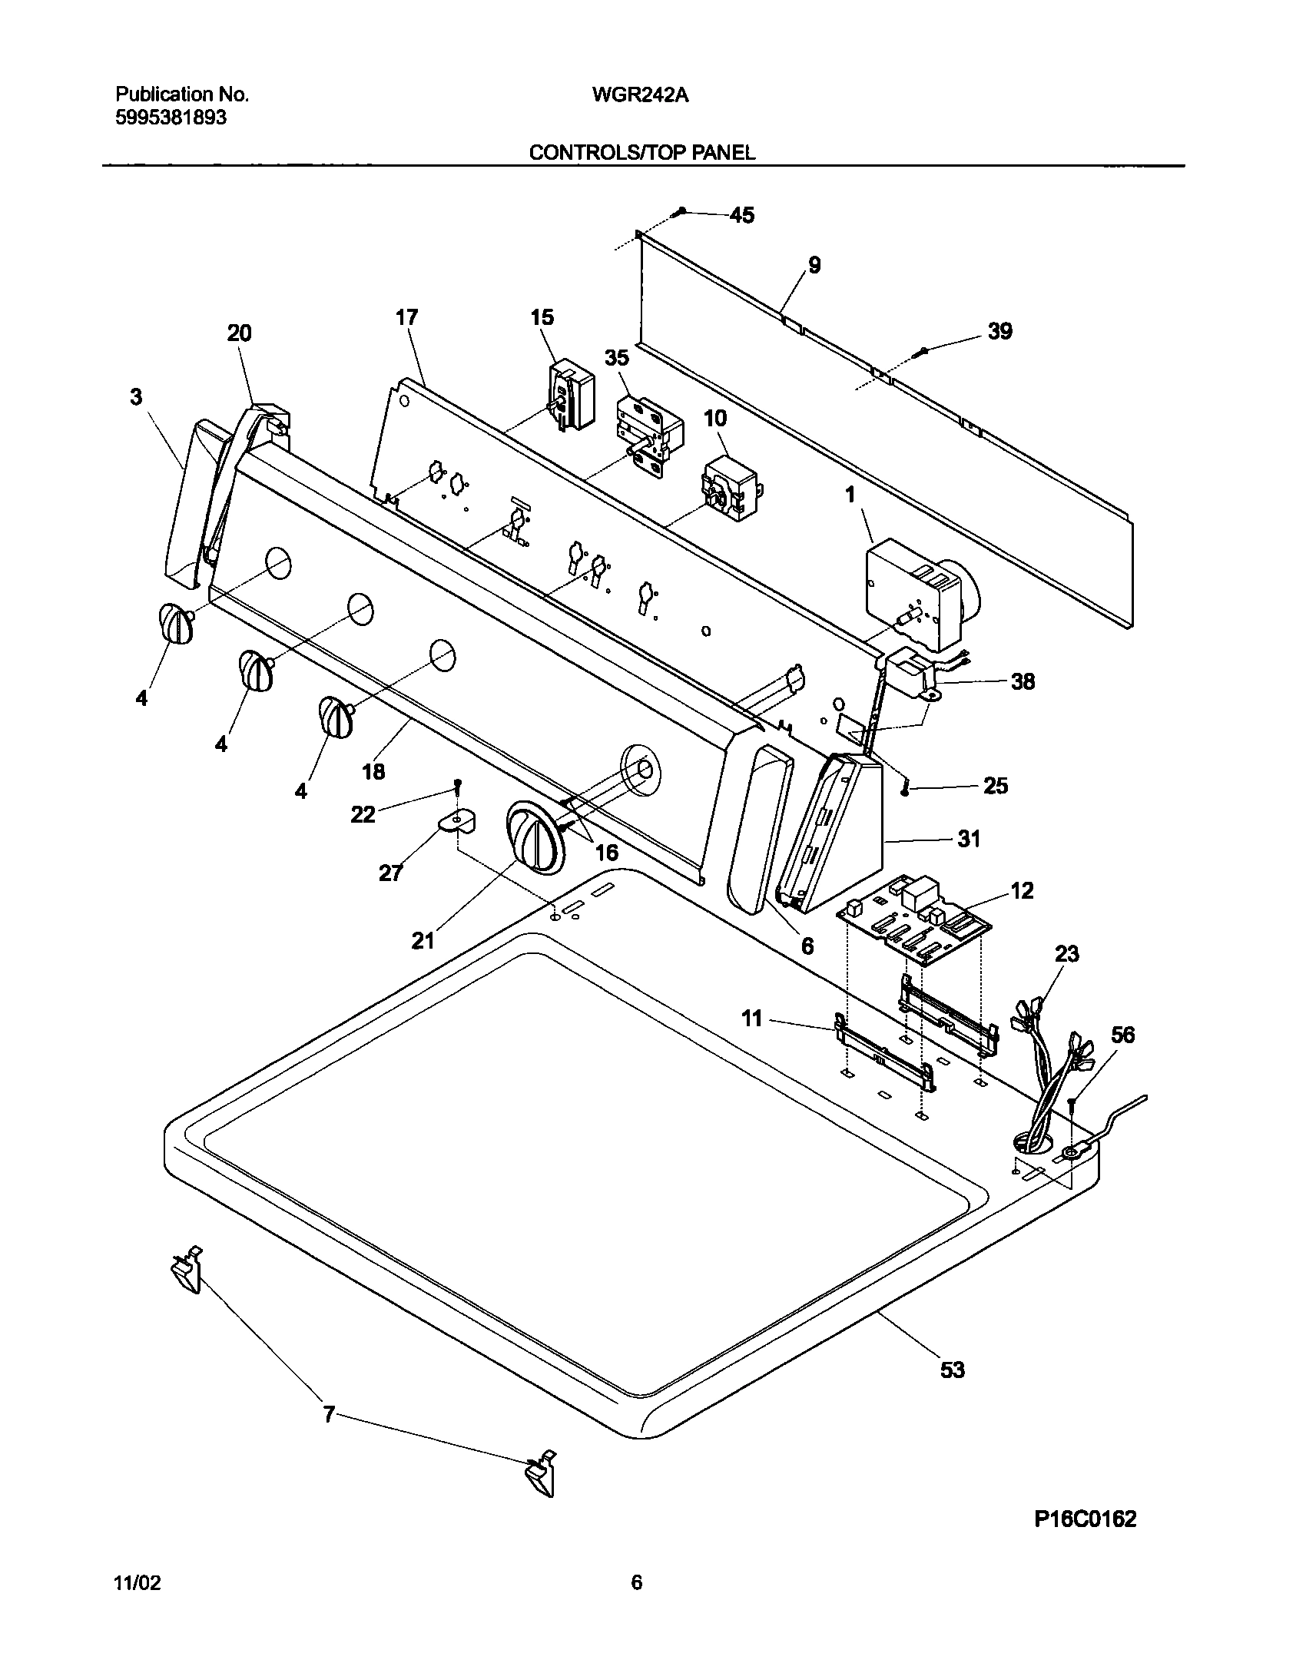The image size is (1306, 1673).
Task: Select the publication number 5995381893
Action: (171, 118)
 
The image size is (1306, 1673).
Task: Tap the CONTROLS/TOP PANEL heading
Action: (642, 152)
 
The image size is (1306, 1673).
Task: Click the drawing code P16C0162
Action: (1084, 1519)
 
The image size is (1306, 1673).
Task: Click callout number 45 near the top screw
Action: (741, 215)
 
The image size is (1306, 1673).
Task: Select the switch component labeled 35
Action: (644, 435)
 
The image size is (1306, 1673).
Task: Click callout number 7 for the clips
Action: (329, 1414)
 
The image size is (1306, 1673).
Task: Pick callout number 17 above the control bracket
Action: (406, 316)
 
